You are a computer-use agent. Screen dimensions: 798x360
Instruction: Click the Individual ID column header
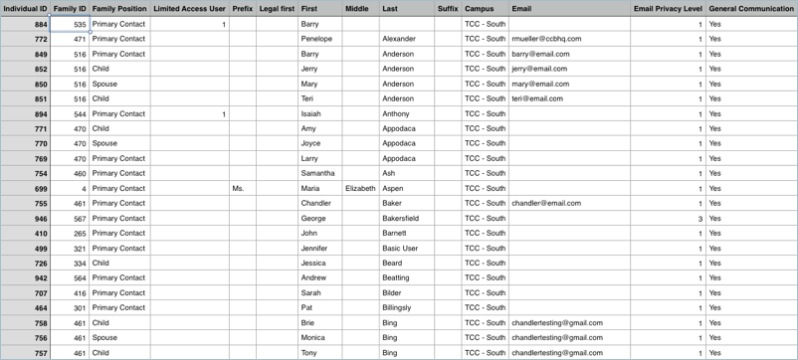pos(25,9)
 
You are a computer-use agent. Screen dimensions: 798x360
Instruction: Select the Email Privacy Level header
pos(668,9)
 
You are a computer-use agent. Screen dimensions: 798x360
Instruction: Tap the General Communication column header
pos(751,9)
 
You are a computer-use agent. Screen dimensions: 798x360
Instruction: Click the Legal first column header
pos(277,9)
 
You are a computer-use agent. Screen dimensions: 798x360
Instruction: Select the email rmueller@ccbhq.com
pos(546,39)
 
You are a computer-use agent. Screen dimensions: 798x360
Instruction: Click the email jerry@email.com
pos(539,69)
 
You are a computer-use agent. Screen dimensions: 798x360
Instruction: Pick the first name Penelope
pos(316,39)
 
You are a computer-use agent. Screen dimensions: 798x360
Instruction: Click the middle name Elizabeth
pos(360,188)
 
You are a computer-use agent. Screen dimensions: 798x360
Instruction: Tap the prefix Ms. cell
pos(238,188)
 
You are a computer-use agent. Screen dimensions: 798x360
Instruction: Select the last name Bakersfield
pos(400,218)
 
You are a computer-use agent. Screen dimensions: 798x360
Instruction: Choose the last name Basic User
pos(400,248)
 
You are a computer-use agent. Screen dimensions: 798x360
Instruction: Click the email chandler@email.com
pos(546,203)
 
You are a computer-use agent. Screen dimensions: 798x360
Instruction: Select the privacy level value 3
pos(699,218)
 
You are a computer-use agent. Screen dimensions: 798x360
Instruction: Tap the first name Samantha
pos(317,173)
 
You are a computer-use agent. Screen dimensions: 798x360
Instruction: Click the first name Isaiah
pos(310,113)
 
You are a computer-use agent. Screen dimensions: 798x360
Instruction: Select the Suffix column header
pos(448,9)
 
